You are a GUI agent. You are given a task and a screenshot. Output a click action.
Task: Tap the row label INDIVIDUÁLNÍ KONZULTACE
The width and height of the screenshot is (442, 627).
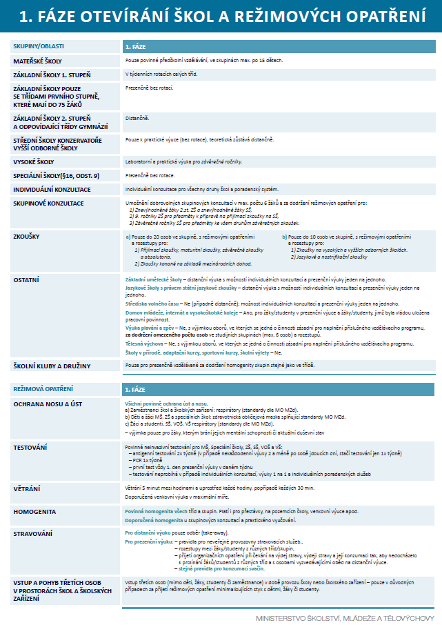[x=53, y=188]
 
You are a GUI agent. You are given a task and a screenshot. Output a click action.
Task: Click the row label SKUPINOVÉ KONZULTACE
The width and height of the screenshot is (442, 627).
[x=48, y=203]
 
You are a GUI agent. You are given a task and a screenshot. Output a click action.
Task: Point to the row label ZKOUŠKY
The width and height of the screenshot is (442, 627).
[x=27, y=236]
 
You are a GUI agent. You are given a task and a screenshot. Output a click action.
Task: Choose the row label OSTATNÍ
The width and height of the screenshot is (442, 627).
[x=27, y=279]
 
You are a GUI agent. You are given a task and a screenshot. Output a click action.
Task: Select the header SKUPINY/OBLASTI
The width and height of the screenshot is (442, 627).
[x=39, y=46]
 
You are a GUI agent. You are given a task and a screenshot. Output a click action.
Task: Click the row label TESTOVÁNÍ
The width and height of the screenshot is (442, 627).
[x=30, y=448]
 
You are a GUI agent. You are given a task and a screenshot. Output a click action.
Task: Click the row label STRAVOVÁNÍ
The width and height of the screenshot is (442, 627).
[x=33, y=533]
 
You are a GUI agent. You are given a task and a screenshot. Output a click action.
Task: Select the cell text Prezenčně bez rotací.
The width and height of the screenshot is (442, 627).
[x=149, y=88]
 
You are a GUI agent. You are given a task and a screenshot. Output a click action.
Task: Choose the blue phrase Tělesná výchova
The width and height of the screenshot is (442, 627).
[x=144, y=344]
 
